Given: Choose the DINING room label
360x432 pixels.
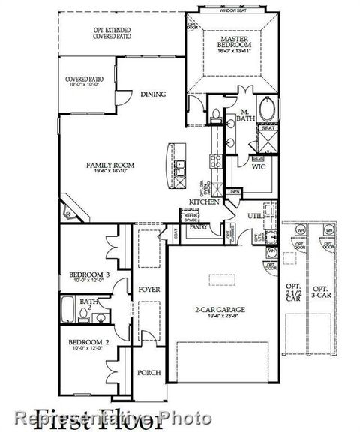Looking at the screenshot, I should coord(152,94).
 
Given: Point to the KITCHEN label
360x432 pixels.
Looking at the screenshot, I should coord(203,202).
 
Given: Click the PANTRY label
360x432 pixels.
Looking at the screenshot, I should coord(198,225).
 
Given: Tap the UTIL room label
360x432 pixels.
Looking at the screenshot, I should coord(256,215).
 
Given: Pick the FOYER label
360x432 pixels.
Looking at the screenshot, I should coord(148,287).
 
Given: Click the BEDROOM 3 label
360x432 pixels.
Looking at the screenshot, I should coord(89,275).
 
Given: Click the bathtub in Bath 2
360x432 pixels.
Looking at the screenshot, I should coord(67,307).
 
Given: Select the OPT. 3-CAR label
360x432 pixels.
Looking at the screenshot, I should coord(320,292).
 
